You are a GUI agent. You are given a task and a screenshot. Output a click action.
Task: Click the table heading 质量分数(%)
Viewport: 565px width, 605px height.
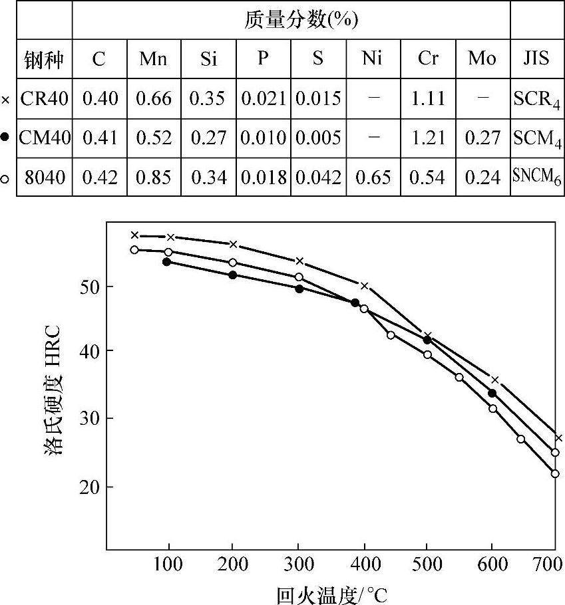291,21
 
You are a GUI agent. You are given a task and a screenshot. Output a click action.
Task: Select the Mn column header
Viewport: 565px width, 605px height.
153,59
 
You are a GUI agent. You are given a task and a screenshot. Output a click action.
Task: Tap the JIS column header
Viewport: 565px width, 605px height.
536,59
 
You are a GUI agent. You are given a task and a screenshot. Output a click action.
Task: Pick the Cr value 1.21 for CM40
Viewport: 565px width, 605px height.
428,138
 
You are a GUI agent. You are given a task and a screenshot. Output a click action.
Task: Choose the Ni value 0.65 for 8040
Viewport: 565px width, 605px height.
373,178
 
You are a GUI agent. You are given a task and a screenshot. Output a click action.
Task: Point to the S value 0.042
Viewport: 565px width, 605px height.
318,178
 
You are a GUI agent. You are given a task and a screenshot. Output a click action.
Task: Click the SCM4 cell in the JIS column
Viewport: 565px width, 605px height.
536,138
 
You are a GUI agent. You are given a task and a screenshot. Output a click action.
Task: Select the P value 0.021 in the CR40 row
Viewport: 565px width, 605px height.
264,99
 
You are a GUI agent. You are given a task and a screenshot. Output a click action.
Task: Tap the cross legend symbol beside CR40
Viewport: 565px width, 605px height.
6,100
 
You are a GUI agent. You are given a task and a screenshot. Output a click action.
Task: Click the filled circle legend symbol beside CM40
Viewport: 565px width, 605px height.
6,138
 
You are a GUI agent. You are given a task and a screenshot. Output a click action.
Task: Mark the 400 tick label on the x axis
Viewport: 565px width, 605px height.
363,562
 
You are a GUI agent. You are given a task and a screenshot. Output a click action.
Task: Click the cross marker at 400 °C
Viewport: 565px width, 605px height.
364,286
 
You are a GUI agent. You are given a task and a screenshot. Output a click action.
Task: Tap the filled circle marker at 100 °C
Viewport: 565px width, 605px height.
166,262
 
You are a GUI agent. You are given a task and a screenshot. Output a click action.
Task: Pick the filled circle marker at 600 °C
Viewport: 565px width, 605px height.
492,394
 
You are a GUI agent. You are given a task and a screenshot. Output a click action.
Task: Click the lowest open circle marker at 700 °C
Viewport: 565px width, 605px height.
555,474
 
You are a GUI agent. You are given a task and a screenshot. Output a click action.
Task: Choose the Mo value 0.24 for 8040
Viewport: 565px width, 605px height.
482,178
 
